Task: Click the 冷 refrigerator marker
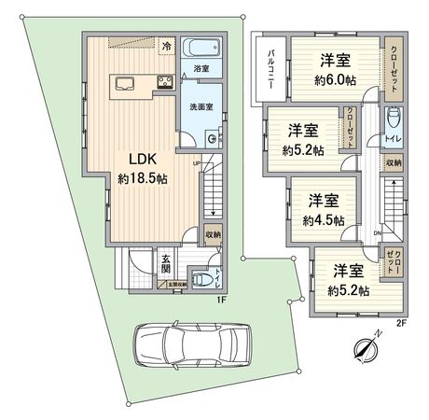(166, 45)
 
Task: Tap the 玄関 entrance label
(165, 265)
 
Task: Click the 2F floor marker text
(401, 321)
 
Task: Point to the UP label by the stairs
(197, 165)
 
